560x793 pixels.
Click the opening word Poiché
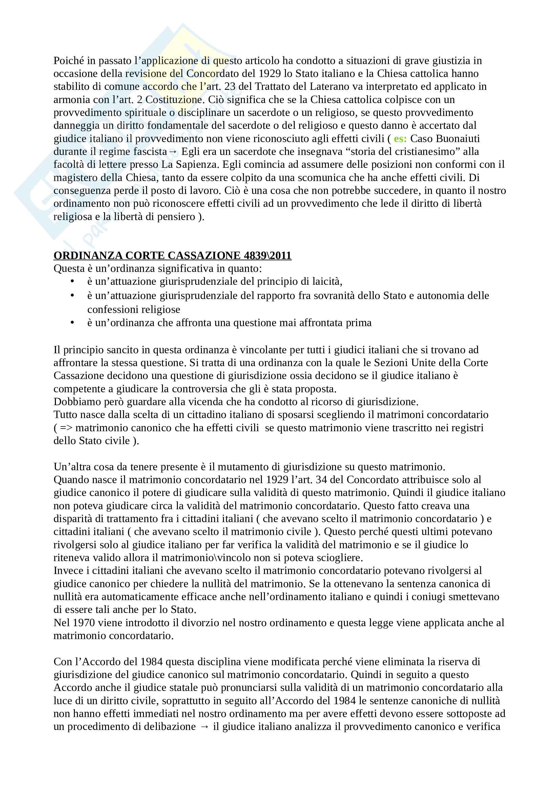pos(69,61)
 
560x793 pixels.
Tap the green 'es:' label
pos(400,139)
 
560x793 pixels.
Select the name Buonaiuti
pos(458,139)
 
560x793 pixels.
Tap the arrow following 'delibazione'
pos(204,727)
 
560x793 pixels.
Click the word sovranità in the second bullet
pos(331,296)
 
